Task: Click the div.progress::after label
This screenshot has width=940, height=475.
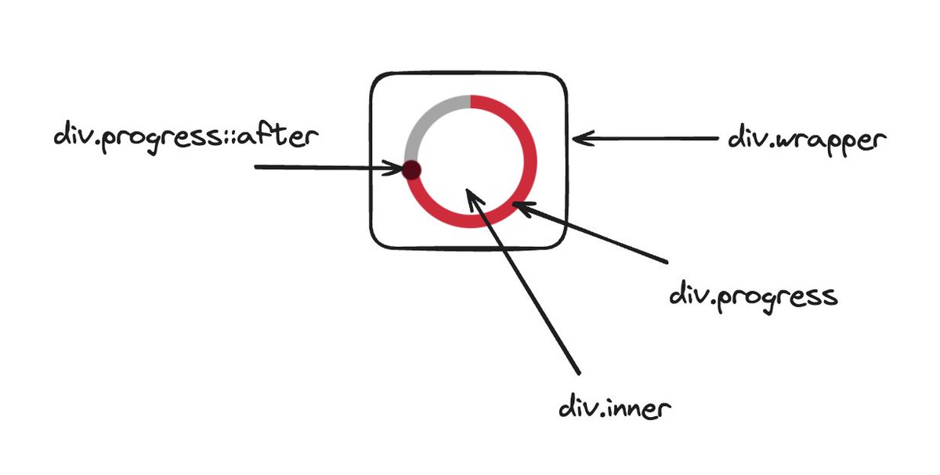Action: pos(186,136)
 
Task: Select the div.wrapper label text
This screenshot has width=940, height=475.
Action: pos(807,141)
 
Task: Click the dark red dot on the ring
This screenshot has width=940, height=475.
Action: pos(410,169)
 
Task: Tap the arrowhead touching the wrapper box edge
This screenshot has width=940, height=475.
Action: pos(580,140)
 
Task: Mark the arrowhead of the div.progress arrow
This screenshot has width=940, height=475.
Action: pos(521,207)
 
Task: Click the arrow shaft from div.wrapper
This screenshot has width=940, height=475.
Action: pos(650,140)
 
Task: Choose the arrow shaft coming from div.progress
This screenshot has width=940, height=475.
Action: pos(595,235)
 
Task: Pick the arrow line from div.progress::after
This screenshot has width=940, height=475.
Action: pos(321,168)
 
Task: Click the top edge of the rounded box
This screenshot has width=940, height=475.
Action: pos(468,74)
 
